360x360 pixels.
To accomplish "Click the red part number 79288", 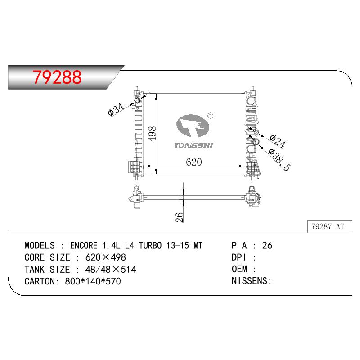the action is point(57,77).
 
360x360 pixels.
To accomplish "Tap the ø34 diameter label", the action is point(116,109).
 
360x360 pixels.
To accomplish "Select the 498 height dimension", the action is point(152,134).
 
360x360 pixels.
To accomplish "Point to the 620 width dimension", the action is point(194,162).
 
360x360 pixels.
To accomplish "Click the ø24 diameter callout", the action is point(278,141).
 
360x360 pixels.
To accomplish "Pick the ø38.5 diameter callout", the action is point(279,160).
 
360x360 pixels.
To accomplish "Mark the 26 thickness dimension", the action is point(179,217).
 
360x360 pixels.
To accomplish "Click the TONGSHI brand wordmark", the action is point(193,145).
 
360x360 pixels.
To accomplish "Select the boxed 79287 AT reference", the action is point(328,227).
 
